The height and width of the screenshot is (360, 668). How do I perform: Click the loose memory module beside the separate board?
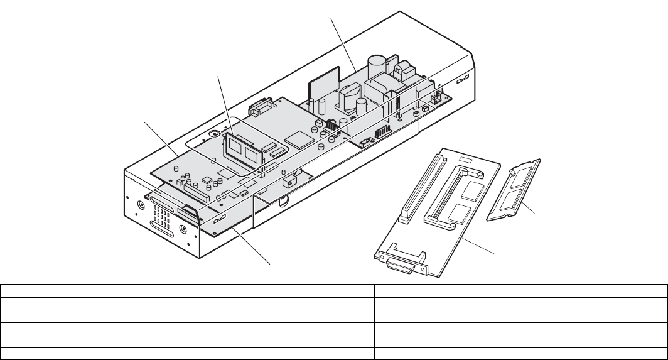[x=514, y=189]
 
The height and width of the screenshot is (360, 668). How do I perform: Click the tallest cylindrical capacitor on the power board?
[x=377, y=67]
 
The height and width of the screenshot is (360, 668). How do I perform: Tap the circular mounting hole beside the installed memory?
[x=214, y=134]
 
